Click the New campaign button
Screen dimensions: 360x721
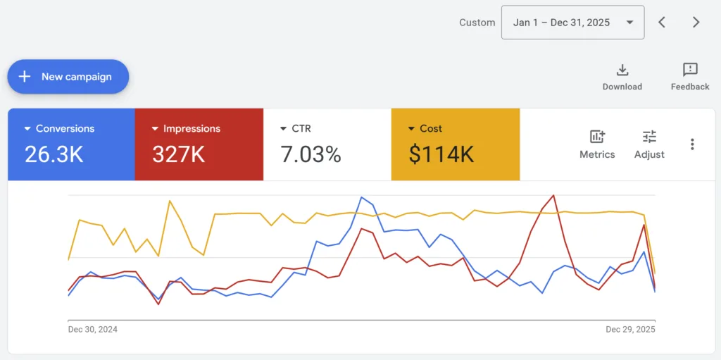coord(68,77)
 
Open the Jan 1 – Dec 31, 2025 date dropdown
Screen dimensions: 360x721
coord(572,23)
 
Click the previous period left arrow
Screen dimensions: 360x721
coord(662,23)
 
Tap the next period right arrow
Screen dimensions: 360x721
coord(696,23)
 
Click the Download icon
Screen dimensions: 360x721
coord(622,70)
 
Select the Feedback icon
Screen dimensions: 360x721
coord(690,70)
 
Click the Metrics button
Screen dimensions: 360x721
coord(597,144)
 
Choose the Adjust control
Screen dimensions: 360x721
coord(649,144)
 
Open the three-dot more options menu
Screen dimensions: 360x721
coord(692,144)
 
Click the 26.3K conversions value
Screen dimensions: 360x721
coord(54,154)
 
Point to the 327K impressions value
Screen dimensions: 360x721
coord(178,154)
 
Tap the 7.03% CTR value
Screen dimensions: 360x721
coord(311,154)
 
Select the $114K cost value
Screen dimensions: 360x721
coord(441,154)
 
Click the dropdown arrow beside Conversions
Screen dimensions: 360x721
coord(27,129)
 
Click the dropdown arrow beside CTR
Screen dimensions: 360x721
coord(284,129)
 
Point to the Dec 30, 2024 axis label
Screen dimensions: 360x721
coord(93,329)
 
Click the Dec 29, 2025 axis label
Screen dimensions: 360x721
coord(630,329)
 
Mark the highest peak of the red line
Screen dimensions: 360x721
coord(553,195)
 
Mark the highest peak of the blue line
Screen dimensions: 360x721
coord(361,197)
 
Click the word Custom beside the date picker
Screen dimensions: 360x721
coord(477,23)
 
